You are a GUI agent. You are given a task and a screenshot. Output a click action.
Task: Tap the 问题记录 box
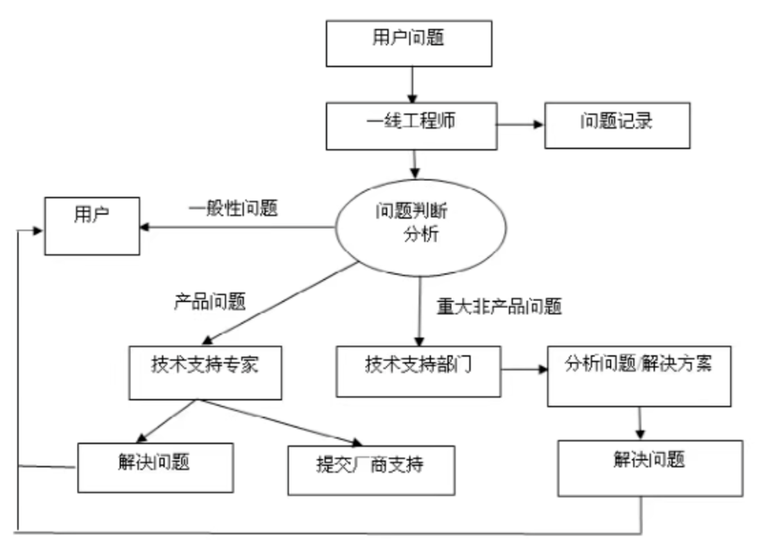coord(617,125)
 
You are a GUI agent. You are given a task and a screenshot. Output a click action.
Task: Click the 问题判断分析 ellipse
coord(422,227)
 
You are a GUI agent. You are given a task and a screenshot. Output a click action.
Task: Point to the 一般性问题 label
coord(233,209)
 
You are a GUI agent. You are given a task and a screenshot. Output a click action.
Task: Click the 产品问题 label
coord(209,302)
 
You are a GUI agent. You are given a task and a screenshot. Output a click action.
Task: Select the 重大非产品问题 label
coord(499,307)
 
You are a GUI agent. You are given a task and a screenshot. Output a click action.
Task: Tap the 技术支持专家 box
coord(205,372)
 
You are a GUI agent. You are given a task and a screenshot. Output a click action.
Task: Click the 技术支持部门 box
coord(418,372)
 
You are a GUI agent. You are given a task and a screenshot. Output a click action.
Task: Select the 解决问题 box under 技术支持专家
coord(155,467)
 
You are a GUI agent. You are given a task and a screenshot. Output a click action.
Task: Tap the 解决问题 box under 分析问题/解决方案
coord(649,467)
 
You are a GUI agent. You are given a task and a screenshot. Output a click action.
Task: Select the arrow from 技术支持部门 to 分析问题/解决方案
coord(524,370)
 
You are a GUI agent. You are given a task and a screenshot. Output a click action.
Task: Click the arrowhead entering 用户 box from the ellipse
coord(146,227)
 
